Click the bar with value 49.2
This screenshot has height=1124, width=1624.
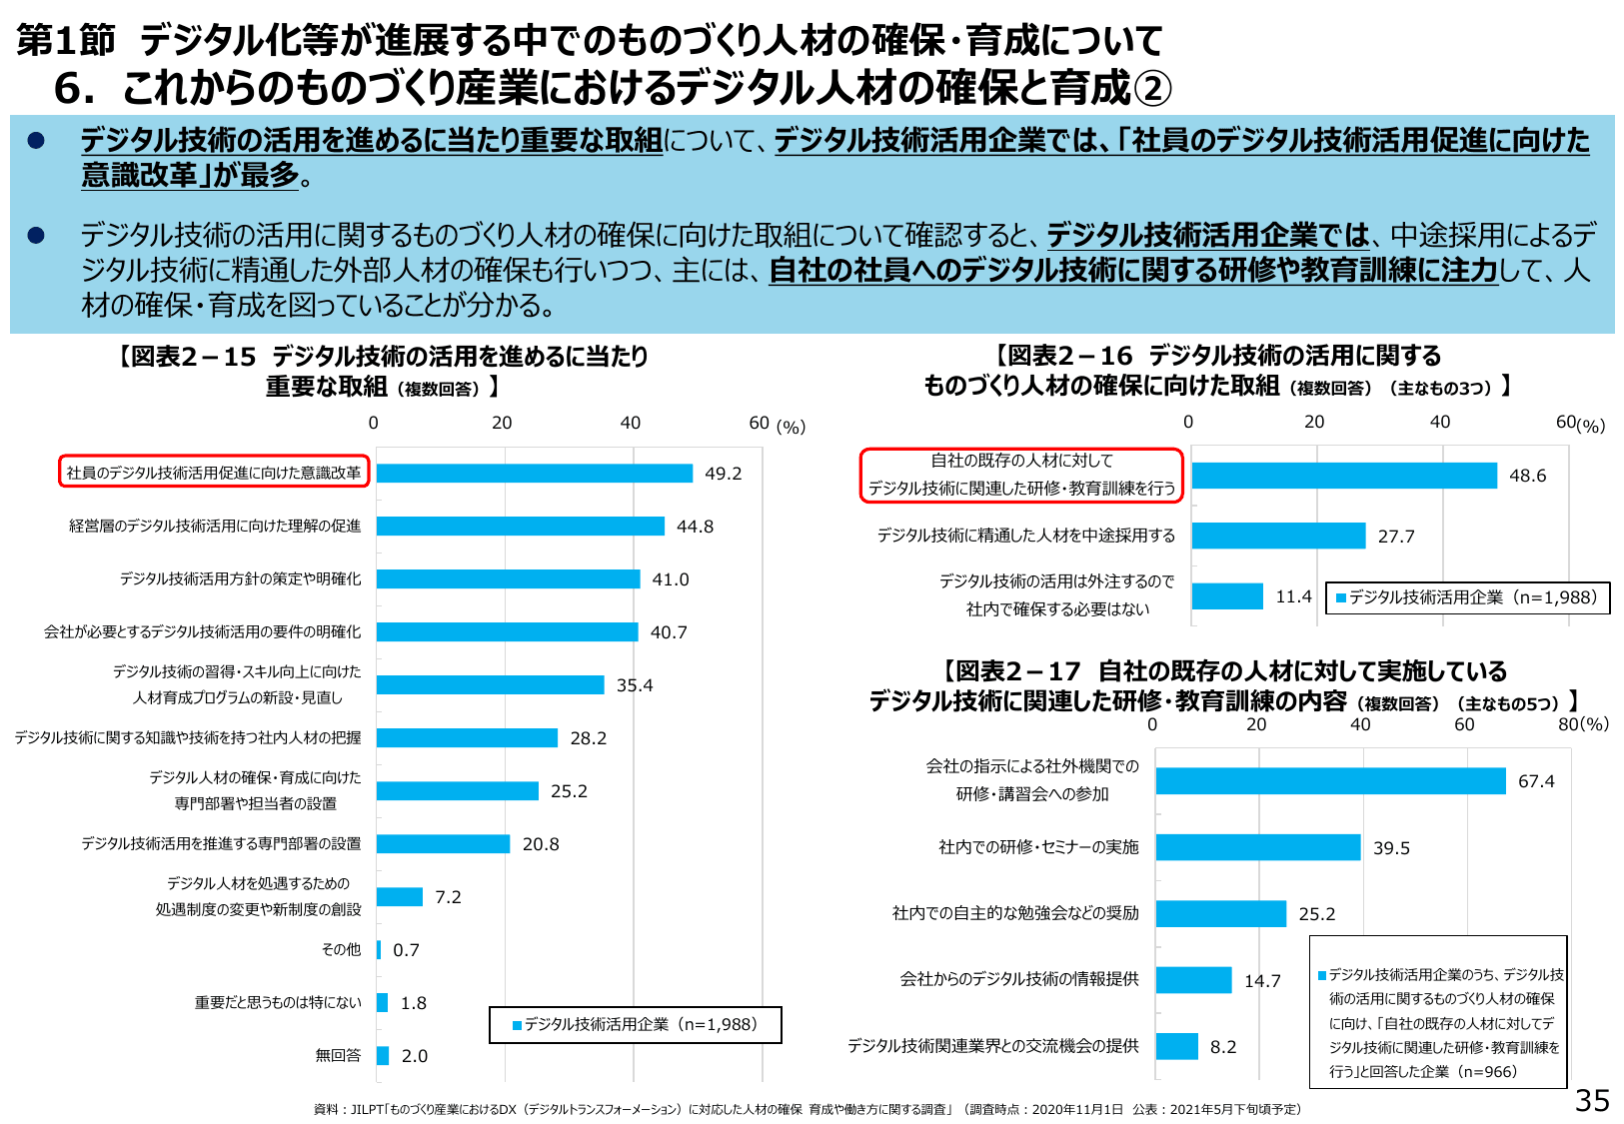point(534,474)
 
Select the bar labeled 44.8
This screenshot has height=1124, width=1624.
point(520,527)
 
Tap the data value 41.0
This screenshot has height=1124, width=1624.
point(671,579)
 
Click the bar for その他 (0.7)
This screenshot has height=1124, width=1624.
point(379,950)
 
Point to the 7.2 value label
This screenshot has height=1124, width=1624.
point(448,897)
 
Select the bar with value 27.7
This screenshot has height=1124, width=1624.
point(1278,536)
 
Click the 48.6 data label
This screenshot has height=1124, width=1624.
point(1527,476)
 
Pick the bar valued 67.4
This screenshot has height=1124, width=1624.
point(1330,781)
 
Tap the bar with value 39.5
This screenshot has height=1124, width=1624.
point(1258,847)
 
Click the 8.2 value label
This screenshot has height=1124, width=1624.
point(1223,1047)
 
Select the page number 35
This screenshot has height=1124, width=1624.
point(1592,1101)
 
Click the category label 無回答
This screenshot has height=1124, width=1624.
point(338,1055)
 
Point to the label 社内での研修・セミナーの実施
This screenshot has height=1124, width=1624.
point(1038,847)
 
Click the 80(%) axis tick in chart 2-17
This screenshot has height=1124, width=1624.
point(1583,724)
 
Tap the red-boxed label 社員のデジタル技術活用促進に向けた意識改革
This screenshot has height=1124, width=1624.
point(214,473)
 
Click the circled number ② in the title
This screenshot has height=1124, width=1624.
point(1152,89)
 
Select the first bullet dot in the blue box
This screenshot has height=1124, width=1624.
point(36,141)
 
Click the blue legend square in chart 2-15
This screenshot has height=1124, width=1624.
point(517,1025)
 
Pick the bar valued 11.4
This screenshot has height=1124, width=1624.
point(1227,596)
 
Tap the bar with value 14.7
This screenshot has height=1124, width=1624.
point(1193,980)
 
